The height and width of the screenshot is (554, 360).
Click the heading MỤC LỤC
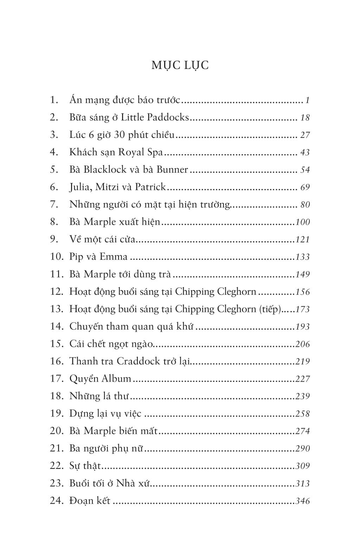click(x=180, y=65)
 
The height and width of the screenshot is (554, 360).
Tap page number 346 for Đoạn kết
click(x=303, y=501)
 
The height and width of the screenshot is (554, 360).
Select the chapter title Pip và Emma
click(x=98, y=256)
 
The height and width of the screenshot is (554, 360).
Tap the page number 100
click(x=303, y=222)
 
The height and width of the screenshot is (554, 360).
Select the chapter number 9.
click(x=54, y=239)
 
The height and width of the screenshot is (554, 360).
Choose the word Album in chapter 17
click(x=116, y=378)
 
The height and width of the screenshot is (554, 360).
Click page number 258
click(x=303, y=413)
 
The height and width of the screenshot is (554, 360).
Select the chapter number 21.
click(x=56, y=448)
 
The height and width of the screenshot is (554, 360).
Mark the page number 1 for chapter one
click(x=307, y=100)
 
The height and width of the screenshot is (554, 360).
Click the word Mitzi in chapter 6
click(x=106, y=187)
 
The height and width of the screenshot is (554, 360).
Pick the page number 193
click(x=303, y=326)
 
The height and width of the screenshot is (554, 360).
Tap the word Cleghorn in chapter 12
click(x=237, y=292)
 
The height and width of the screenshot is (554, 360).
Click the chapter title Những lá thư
click(x=99, y=396)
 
